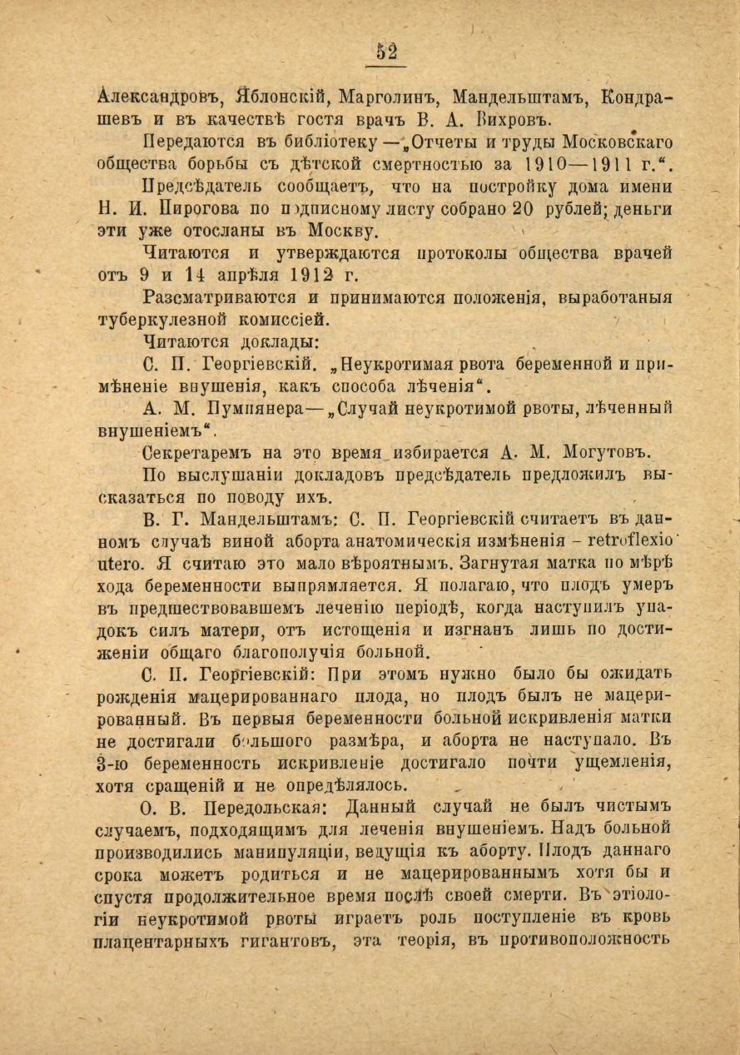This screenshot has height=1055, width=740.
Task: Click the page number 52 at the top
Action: pos(386,52)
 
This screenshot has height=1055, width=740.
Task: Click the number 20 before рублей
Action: pos(521,208)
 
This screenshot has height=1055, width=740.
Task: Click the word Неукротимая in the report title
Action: pos(411,365)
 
